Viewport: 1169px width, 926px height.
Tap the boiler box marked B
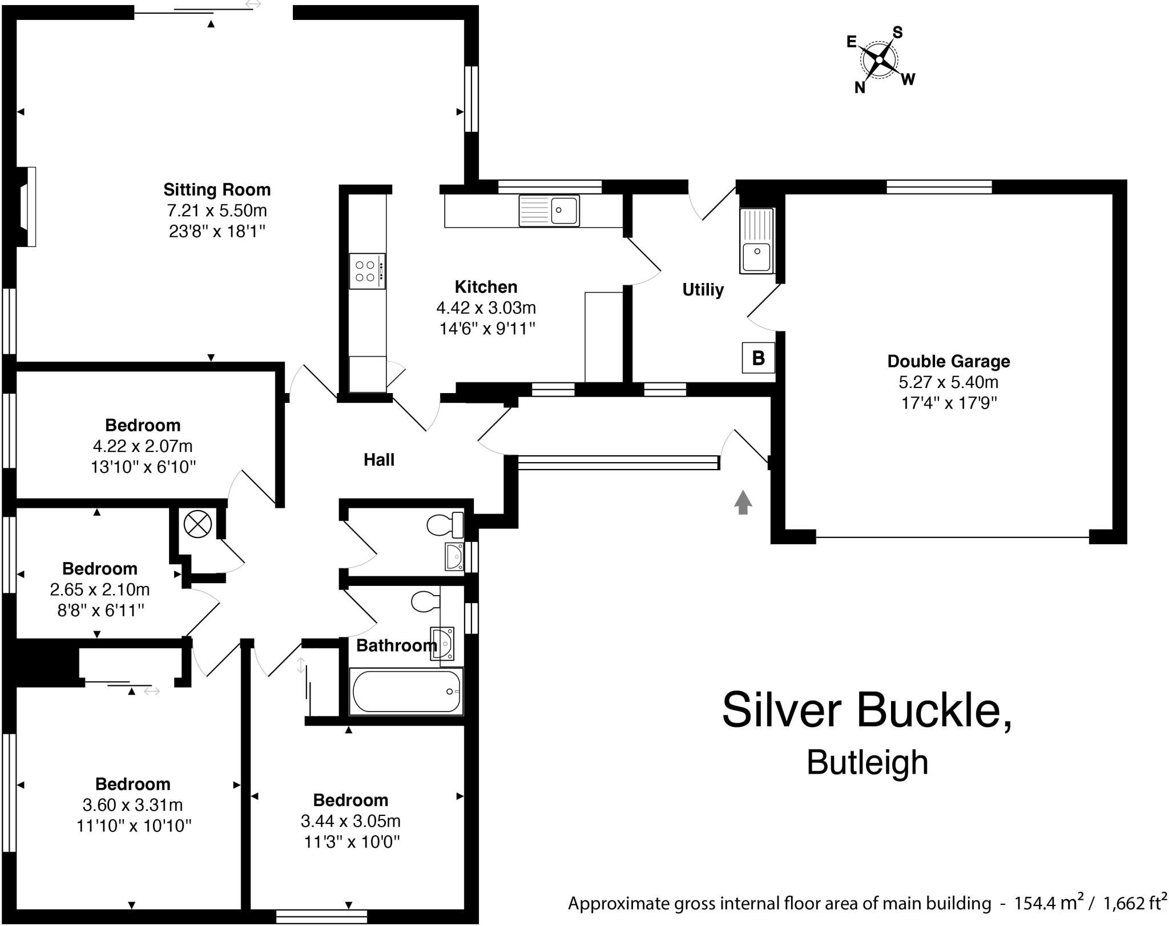758,358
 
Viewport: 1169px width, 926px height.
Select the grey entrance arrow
743,502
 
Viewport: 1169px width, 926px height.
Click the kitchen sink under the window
549,210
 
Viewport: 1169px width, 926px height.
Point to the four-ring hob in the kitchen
367,271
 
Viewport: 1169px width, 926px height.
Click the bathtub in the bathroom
406,692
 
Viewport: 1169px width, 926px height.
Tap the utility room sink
756,240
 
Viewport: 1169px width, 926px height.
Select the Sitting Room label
217,189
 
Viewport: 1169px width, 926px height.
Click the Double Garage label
949,361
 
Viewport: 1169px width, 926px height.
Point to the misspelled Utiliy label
703,290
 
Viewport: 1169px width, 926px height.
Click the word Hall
379,460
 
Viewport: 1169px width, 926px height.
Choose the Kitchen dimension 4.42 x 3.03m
486,308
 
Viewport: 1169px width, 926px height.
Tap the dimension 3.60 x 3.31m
132,805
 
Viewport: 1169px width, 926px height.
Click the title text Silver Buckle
867,710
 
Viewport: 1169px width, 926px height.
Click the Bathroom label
396,645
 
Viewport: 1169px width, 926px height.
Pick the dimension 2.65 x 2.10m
100,589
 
